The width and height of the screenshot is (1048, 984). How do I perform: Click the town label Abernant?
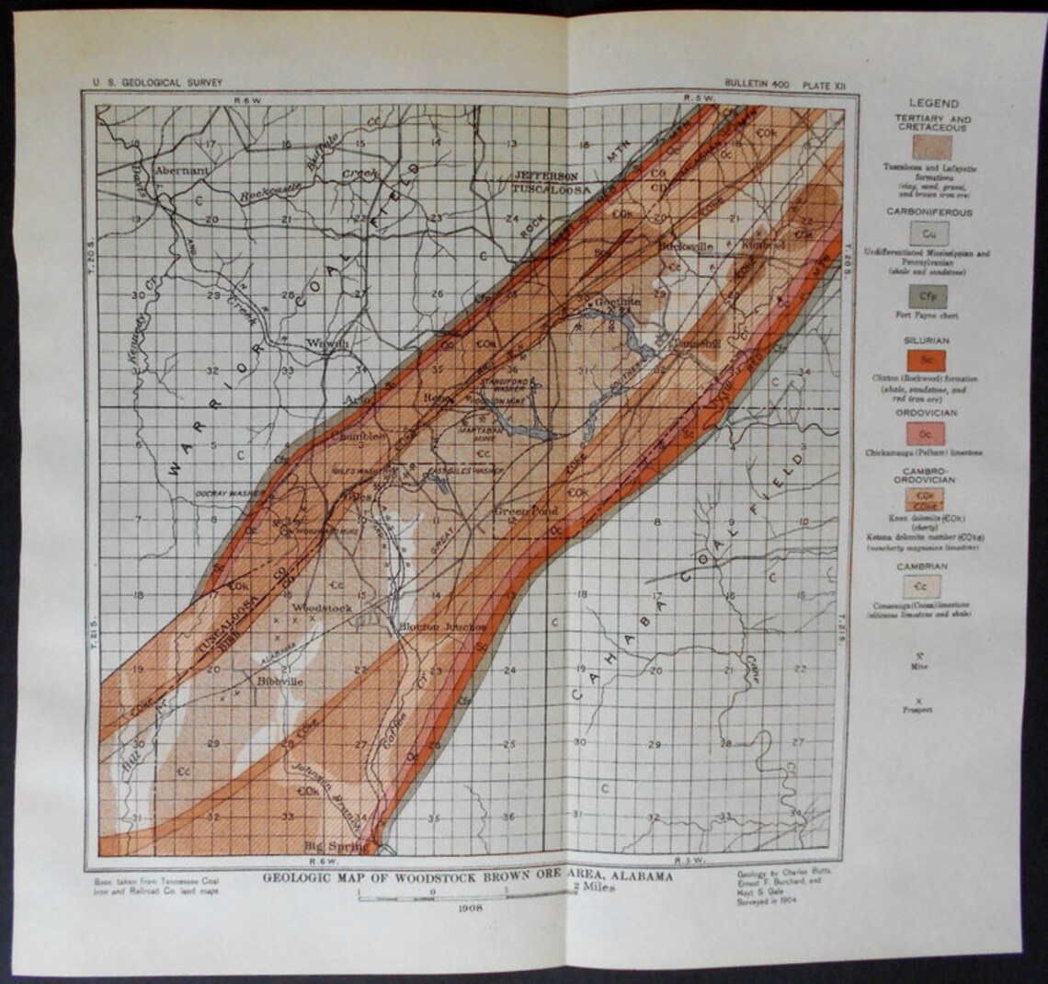[x=182, y=171]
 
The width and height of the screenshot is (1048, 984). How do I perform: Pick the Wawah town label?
[x=327, y=343]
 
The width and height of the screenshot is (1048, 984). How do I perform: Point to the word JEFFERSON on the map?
[x=546, y=175]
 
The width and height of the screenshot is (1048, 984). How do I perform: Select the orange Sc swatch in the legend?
[x=928, y=360]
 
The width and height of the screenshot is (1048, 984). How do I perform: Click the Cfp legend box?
[x=928, y=296]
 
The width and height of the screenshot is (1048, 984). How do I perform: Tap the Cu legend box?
[x=928, y=234]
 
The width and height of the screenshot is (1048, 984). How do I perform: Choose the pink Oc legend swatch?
[x=928, y=433]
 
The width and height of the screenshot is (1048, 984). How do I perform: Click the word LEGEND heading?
[x=933, y=104]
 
